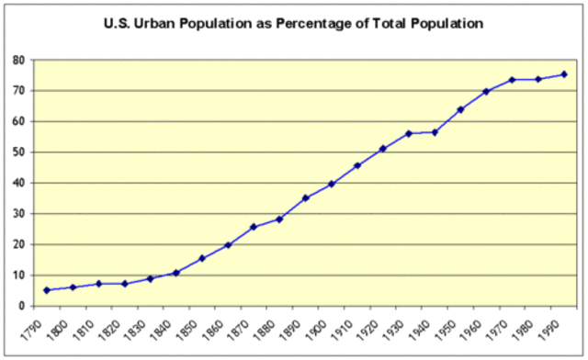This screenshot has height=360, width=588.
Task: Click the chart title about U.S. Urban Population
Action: (x=293, y=19)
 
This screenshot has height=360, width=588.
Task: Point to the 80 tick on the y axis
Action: (x=17, y=61)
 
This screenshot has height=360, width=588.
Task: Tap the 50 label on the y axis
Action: (x=17, y=152)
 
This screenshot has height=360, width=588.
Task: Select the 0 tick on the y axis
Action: (x=20, y=306)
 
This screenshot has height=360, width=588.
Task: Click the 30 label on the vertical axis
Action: (x=17, y=214)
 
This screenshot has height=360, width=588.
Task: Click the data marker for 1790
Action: (x=47, y=290)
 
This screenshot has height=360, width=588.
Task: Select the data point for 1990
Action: (x=564, y=74)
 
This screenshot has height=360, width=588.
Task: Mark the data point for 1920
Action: (x=383, y=148)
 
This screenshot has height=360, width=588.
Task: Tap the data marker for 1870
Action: (x=254, y=227)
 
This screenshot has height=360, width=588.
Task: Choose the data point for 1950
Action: (x=460, y=109)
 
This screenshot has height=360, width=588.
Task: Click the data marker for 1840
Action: (x=176, y=273)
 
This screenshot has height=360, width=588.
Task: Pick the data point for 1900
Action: (x=331, y=184)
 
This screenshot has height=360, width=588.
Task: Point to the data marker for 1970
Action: (x=512, y=80)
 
